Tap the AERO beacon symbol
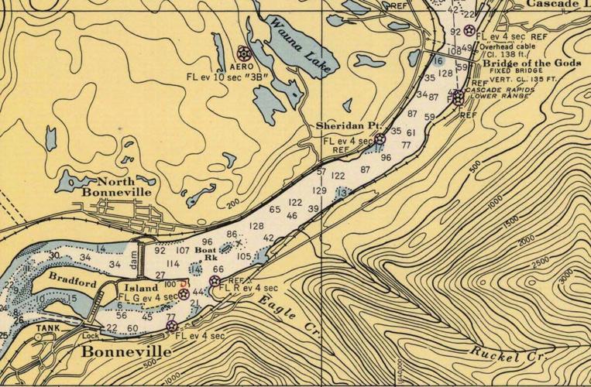242,53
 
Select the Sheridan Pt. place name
345,125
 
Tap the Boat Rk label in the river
205,254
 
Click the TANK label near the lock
45,328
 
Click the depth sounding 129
319,190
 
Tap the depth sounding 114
174,264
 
